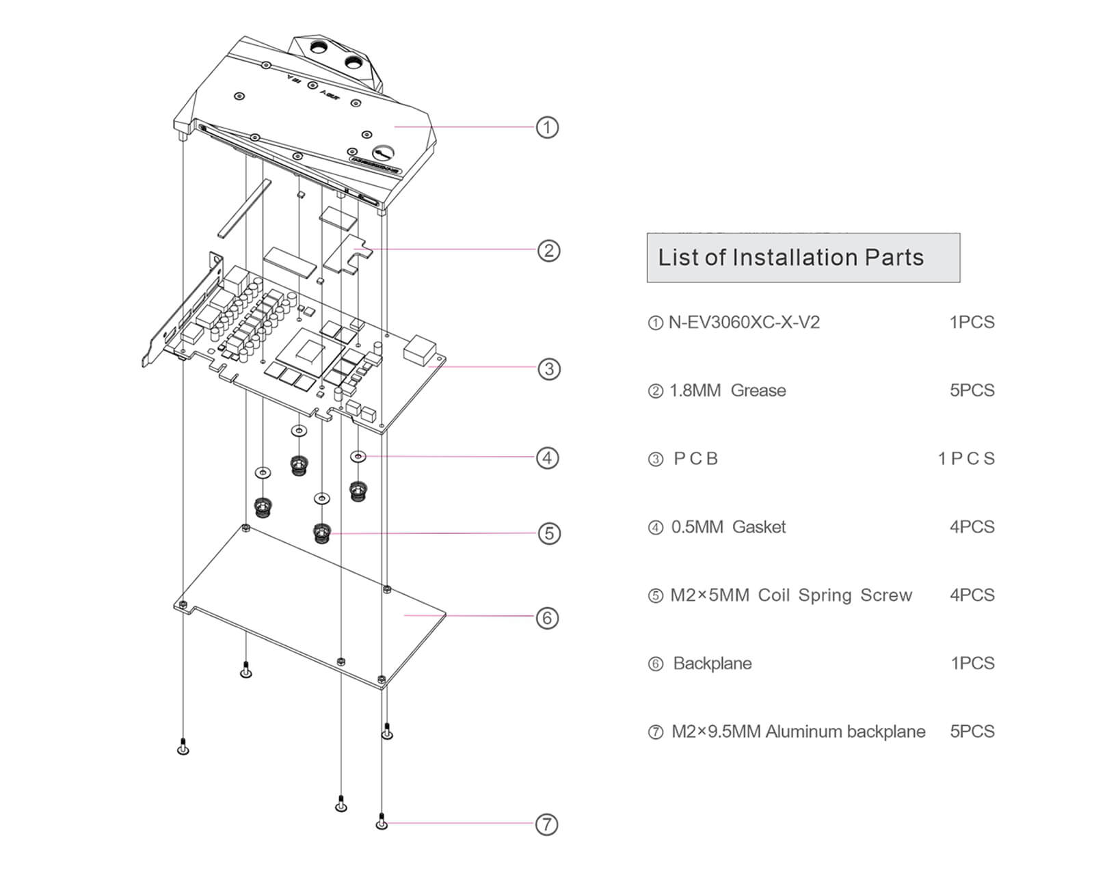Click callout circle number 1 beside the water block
pos(547,127)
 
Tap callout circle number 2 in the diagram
pos(548,250)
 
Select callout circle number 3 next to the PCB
pos(549,369)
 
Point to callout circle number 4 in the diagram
pos(547,457)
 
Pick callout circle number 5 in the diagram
pos(549,533)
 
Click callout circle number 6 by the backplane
pos(547,618)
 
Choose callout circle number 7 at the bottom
pos(546,824)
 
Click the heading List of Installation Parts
pos(790,258)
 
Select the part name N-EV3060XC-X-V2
pos(743,322)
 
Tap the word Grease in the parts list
pos(758,390)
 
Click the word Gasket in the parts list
pos(759,527)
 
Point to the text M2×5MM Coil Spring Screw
pos(790,595)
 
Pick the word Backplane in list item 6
pos(712,664)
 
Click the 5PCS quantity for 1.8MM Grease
pos(972,390)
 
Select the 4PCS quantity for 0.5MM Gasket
pos(972,527)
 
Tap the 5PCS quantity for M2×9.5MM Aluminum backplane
pos(972,731)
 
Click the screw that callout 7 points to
pos(382,822)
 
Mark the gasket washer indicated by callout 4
pos(359,456)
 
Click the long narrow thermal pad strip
pos(244,208)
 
